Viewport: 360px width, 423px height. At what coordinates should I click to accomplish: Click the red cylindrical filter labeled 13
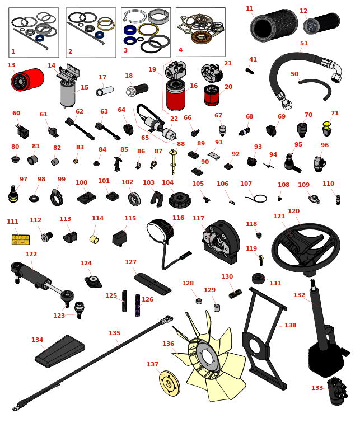(x=28, y=80)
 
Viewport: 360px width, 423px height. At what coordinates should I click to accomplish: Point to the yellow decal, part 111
(x=20, y=239)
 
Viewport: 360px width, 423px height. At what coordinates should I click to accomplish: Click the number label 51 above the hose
(x=304, y=43)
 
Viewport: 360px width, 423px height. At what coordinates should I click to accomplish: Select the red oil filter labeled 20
(x=211, y=96)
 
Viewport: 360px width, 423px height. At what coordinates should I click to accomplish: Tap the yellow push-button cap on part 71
(x=327, y=124)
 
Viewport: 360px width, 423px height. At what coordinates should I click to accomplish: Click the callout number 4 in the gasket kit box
(x=180, y=50)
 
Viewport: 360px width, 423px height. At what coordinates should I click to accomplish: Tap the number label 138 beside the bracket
(x=290, y=325)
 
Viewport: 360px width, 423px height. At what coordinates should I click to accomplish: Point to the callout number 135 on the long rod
(x=114, y=333)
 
